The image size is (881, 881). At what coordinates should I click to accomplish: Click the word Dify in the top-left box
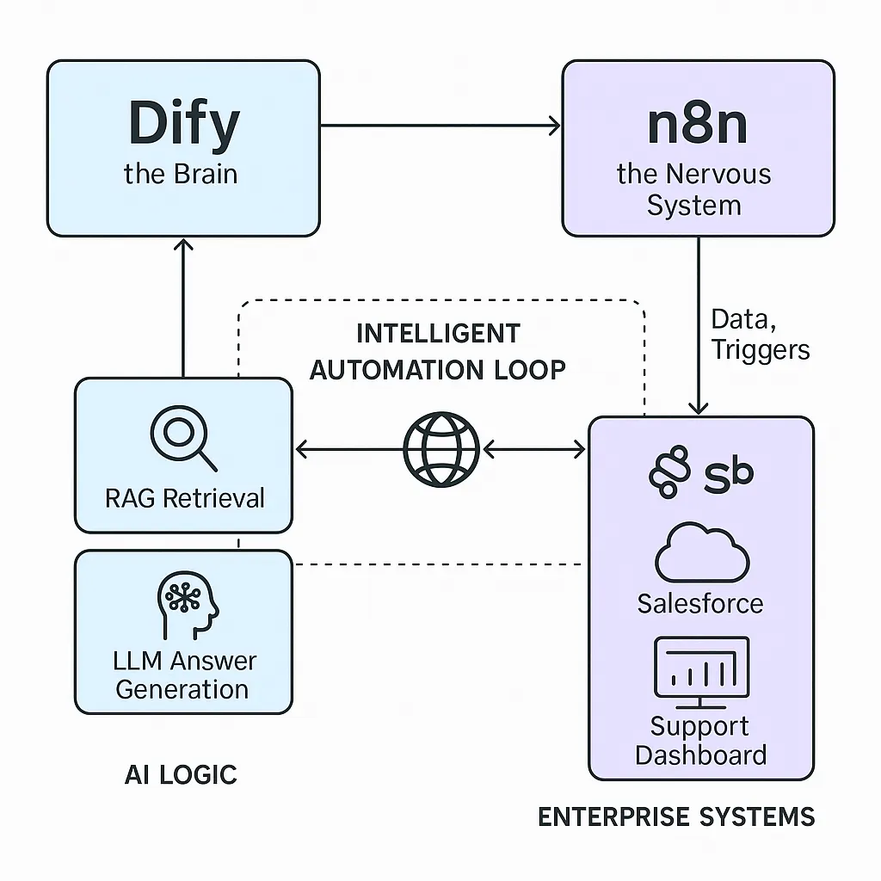[183, 123]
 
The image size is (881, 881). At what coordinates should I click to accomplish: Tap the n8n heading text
[697, 123]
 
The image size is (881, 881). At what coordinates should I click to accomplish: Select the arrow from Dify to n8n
[440, 126]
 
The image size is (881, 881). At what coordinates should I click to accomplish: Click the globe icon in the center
[440, 449]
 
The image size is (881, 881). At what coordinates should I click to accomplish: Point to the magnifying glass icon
[182, 438]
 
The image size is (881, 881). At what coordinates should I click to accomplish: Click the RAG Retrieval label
[184, 498]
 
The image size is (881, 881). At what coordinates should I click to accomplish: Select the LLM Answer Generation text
[184, 675]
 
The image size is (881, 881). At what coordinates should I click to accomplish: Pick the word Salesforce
[699, 603]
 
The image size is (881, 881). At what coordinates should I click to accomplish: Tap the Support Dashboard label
[700, 741]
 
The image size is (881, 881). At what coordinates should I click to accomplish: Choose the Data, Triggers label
[760, 335]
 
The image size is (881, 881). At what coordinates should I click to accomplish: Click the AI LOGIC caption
[181, 774]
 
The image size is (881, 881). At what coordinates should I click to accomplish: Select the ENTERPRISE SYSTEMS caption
[676, 816]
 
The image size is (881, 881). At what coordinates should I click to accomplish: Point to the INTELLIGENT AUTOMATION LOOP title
[438, 351]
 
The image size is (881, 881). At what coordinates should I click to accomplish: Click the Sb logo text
[728, 472]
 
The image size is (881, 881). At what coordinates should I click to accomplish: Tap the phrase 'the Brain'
[181, 174]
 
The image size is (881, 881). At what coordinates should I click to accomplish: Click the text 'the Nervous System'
[693, 190]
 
